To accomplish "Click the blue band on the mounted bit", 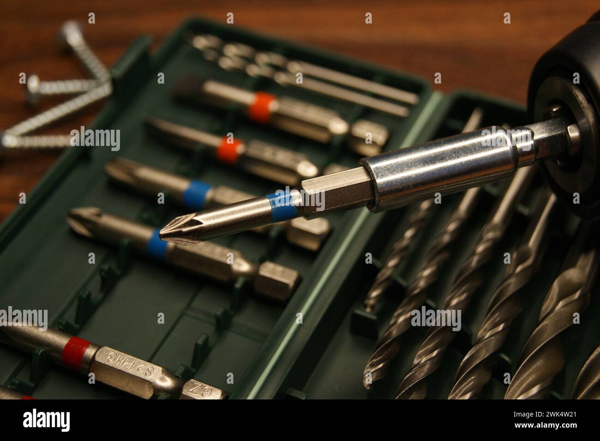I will (283, 201).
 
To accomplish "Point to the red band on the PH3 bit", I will (78, 347).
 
